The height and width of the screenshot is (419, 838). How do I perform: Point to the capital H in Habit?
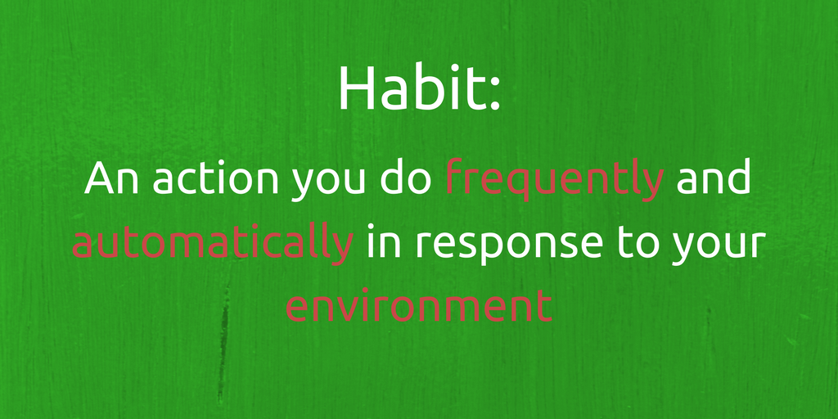click(x=354, y=88)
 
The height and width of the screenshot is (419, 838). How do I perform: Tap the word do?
click(x=407, y=179)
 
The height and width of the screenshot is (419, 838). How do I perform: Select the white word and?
click(x=713, y=179)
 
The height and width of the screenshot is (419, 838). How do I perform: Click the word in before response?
click(x=382, y=241)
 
